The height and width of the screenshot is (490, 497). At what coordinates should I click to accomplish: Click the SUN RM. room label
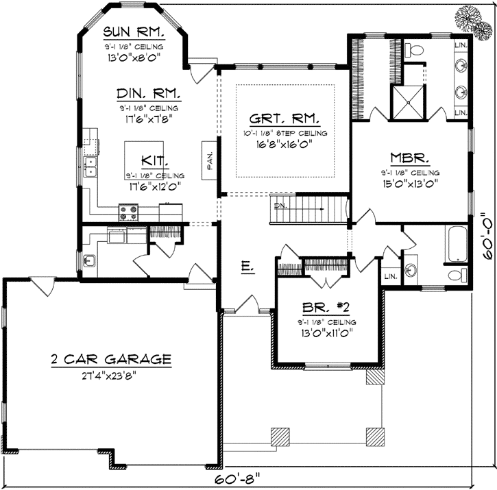(132, 33)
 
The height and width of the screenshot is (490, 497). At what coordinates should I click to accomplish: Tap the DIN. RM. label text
(149, 94)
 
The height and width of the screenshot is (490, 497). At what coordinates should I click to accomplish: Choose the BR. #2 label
(326, 308)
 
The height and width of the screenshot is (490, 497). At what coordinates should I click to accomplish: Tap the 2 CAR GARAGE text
(110, 358)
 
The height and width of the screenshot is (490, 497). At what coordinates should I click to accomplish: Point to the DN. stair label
(280, 205)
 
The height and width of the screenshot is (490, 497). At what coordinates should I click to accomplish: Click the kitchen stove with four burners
(128, 212)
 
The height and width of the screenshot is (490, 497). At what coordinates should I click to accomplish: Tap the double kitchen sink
(90, 165)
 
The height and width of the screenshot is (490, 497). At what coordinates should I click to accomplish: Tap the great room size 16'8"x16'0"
(284, 144)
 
